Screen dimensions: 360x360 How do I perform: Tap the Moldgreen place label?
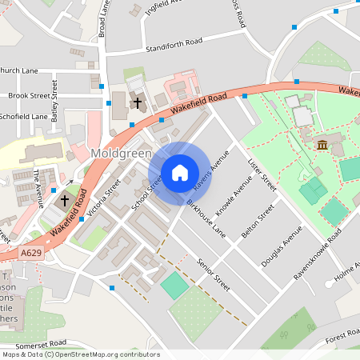(x=118, y=153)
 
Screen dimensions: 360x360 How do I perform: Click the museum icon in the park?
(x=322, y=145)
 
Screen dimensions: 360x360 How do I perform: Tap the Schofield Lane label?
(x=23, y=117)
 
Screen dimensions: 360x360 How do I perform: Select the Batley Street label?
(x=55, y=95)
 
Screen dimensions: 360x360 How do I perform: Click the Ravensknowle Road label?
(x=317, y=254)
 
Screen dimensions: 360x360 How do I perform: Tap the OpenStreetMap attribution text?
(x=81, y=354)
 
